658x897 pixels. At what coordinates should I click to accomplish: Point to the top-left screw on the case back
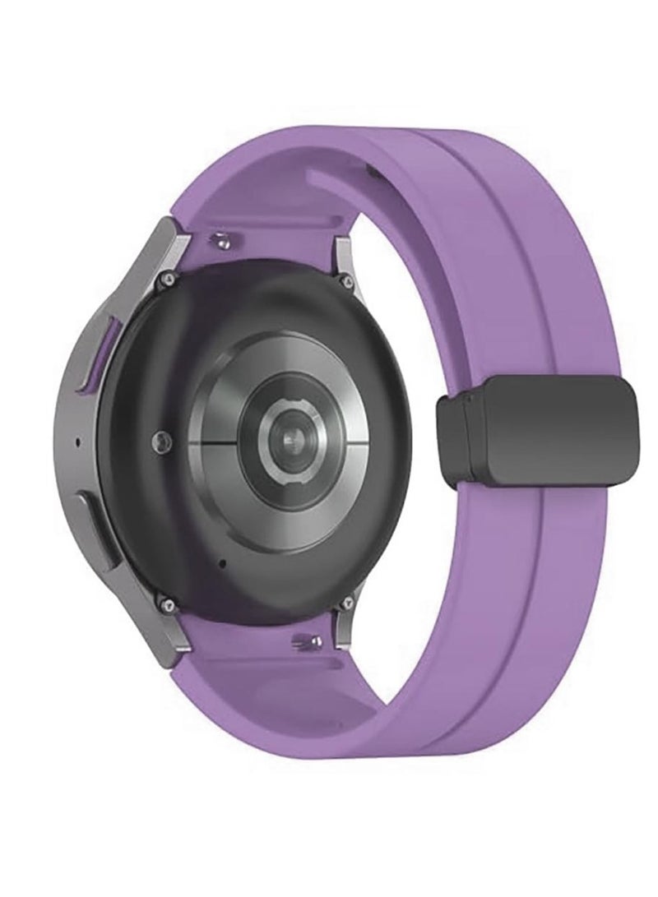[x=169, y=279]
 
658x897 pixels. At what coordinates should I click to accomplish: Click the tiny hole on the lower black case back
[x=224, y=564]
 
